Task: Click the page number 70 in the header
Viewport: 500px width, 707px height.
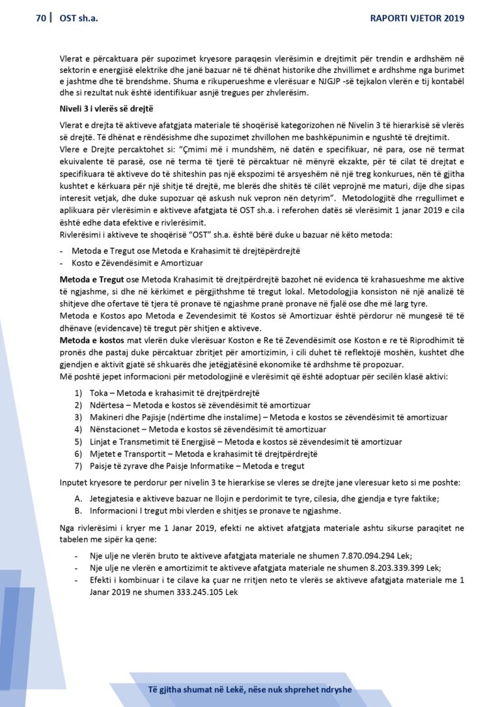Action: pos(40,18)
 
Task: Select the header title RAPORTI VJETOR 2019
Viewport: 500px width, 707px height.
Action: pos(417,18)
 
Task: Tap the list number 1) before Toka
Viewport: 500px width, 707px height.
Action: pos(78,393)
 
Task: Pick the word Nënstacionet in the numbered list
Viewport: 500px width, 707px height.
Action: pos(113,429)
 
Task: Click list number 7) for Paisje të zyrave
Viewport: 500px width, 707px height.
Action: pos(78,465)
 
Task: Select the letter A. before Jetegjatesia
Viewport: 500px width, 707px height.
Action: pos(78,498)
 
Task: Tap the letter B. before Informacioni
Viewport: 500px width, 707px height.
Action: pos(78,510)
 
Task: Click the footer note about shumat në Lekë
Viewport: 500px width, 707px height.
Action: pos(250,689)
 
